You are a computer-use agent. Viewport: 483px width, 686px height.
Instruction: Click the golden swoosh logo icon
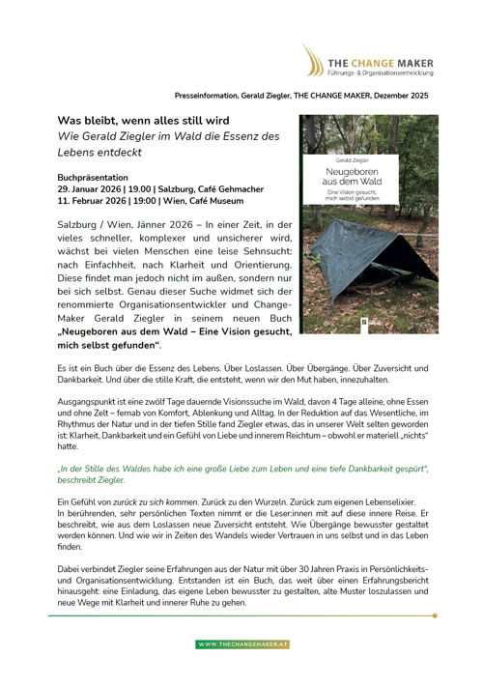(x=311, y=59)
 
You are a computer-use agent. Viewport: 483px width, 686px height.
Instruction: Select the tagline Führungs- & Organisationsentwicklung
(x=378, y=71)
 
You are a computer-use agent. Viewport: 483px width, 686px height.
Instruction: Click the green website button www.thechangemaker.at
(x=241, y=643)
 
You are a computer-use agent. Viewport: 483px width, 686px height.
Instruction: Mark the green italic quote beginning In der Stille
(x=241, y=473)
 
